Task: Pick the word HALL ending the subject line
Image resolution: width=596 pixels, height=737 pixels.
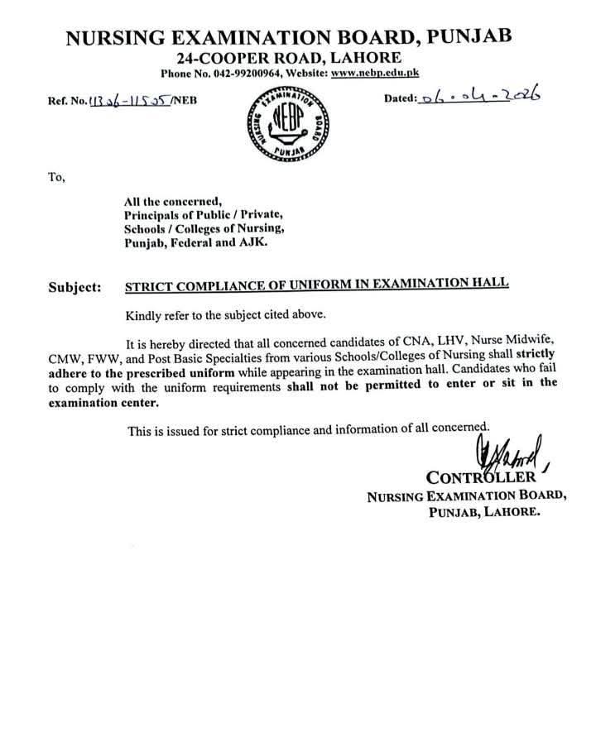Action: (x=490, y=284)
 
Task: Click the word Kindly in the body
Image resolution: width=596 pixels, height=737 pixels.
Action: (x=142, y=315)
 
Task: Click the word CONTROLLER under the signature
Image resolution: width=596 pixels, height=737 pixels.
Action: (x=482, y=477)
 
